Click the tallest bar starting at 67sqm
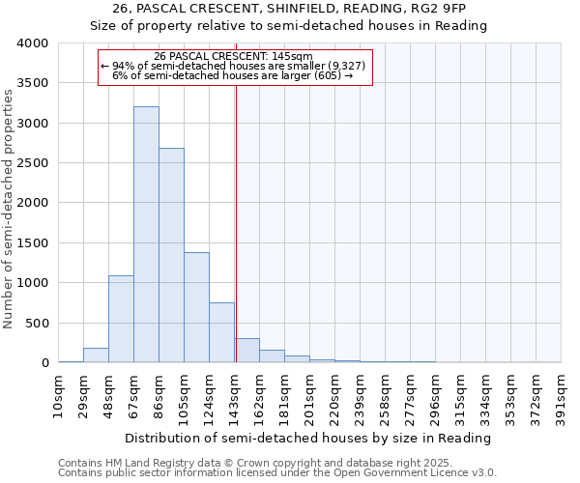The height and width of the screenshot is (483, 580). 146,235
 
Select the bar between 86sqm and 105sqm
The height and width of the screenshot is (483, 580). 171,255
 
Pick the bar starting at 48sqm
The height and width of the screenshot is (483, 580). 121,319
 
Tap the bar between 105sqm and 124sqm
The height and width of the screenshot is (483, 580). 196,307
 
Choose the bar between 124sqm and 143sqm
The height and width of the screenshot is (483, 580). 221,332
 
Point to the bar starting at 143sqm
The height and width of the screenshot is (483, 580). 246,351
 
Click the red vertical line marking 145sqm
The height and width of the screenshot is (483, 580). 236,222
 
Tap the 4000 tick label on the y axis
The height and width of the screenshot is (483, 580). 32,43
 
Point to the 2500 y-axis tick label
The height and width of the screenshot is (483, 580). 32,163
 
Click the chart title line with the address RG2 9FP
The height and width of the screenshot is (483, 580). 290,9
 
